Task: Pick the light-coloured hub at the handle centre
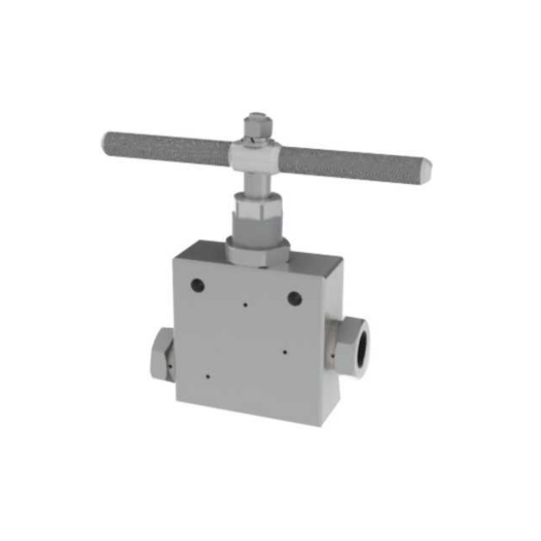coord(257,154)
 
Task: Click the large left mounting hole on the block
coord(197,285)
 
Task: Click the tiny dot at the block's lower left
coord(206,375)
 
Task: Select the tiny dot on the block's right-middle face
coord(285,350)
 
